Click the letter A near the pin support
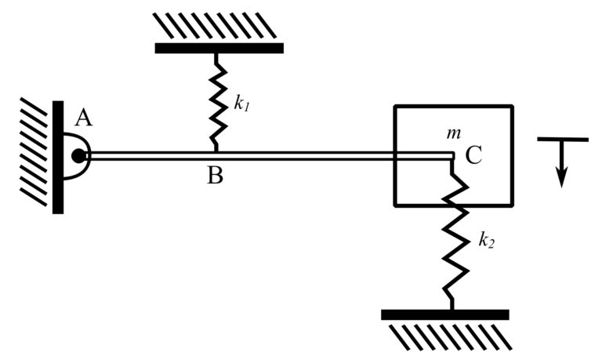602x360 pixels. click(x=83, y=118)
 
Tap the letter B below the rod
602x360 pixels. click(x=216, y=175)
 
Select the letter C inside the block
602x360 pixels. click(x=473, y=155)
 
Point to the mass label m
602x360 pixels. click(x=452, y=133)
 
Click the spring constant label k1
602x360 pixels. click(x=242, y=103)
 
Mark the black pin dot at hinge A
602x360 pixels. click(x=78, y=155)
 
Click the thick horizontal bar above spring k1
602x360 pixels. click(x=219, y=48)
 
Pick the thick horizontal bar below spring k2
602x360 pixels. click(x=444, y=315)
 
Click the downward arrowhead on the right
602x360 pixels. click(x=561, y=178)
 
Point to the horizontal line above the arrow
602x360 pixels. click(x=562, y=140)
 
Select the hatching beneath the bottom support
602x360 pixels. click(x=447, y=336)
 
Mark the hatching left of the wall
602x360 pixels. click(x=36, y=149)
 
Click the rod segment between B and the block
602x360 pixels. click(x=306, y=155)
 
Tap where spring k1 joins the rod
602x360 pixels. click(x=216, y=150)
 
